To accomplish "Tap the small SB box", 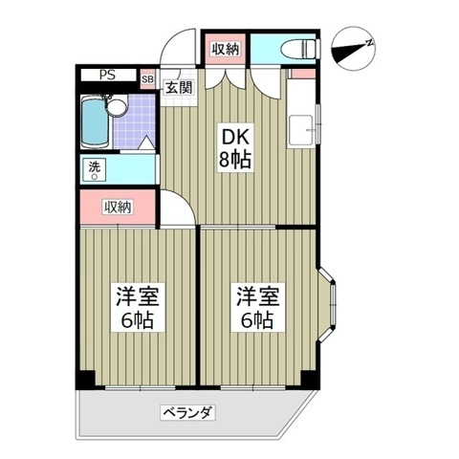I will (148, 79).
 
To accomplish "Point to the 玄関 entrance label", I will (178, 89).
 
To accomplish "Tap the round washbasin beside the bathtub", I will (118, 107).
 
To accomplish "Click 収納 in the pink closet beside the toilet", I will (226, 48).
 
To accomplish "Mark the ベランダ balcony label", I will (186, 413).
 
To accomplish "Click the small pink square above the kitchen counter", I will (301, 73).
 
